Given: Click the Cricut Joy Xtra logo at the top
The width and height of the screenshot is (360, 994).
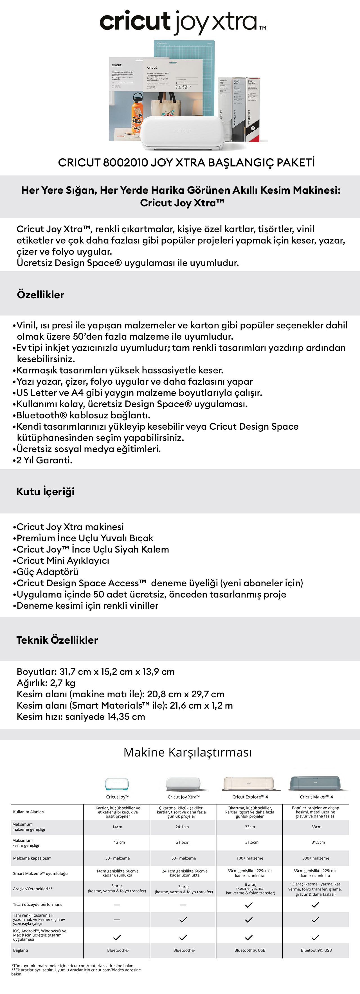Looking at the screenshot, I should [182, 22].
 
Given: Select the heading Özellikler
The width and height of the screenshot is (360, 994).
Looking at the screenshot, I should [40, 295].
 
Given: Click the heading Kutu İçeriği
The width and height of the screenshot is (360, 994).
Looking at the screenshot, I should [45, 492].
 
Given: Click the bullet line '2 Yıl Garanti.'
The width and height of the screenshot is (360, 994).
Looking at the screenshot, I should [44, 460].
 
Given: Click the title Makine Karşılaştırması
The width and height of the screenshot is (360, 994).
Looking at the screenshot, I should [188, 752].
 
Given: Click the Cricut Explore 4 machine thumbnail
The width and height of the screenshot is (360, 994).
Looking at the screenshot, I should [249, 783].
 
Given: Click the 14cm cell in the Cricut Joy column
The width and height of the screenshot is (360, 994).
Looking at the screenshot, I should [117, 827].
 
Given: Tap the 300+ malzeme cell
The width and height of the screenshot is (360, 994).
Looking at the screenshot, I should [316, 858].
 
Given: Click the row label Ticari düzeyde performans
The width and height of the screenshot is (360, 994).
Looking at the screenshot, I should [37, 905].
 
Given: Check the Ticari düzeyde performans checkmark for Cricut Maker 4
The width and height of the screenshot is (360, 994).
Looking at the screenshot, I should [315, 905].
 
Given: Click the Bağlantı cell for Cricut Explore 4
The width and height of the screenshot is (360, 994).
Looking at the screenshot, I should [250, 950].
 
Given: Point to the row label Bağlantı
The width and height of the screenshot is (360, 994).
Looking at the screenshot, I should [21, 950].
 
